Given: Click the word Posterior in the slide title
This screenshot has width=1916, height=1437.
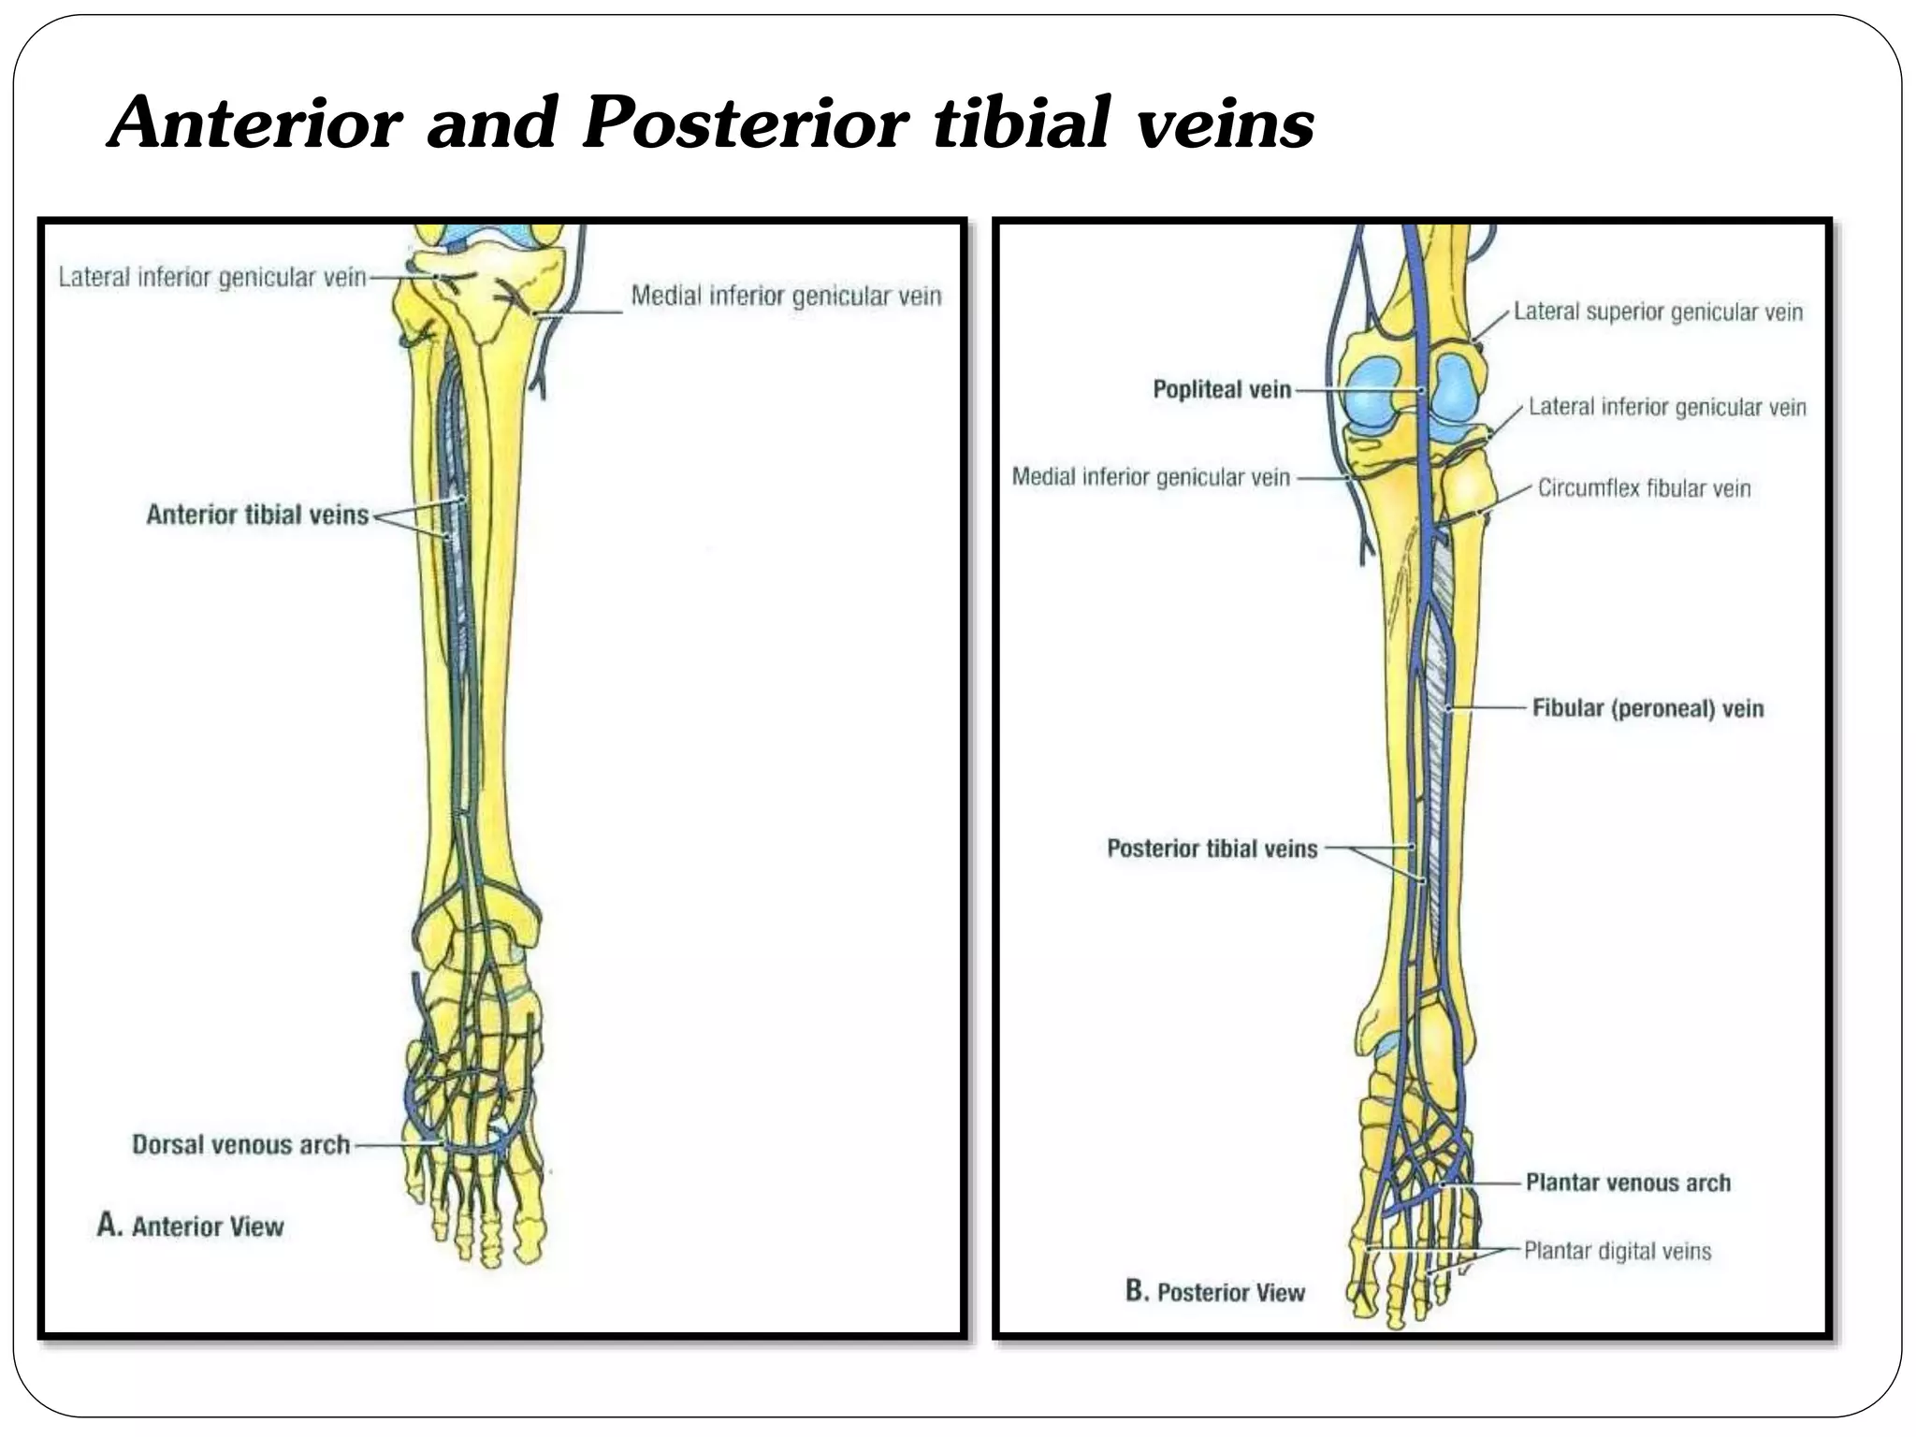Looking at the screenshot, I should (x=745, y=123).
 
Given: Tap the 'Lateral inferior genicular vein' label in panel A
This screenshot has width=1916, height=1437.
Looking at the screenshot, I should (x=212, y=277).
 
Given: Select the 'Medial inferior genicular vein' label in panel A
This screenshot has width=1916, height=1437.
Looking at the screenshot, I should (x=786, y=296).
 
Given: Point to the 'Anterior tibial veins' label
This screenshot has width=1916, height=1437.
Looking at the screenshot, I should (x=257, y=515).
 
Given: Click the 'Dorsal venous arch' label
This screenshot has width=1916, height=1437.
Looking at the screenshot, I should (x=240, y=1144).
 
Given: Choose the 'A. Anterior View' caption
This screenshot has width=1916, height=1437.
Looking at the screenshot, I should (x=191, y=1226).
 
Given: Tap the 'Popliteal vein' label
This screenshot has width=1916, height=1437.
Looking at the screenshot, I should (x=1222, y=389).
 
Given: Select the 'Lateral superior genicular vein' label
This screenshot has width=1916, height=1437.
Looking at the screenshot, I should (x=1658, y=312).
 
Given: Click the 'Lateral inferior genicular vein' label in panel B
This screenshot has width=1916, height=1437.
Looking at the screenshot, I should (x=1667, y=407).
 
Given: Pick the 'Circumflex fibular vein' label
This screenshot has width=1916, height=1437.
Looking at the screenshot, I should (x=1644, y=487).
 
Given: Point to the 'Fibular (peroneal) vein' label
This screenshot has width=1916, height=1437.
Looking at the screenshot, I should (x=1647, y=708).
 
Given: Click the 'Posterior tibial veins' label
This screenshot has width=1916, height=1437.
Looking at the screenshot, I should (x=1212, y=849).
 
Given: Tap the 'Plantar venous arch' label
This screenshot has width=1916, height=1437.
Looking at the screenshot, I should (x=1628, y=1183).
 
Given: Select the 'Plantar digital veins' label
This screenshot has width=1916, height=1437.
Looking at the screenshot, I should (x=1618, y=1251).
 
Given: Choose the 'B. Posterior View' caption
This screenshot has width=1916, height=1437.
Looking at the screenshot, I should (x=1215, y=1292).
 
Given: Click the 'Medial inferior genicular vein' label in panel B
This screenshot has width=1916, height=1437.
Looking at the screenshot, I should (x=1151, y=477).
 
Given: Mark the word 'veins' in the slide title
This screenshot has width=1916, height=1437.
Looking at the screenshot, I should (x=1226, y=123).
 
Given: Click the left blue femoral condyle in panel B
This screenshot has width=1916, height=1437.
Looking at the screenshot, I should (x=1371, y=391).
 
